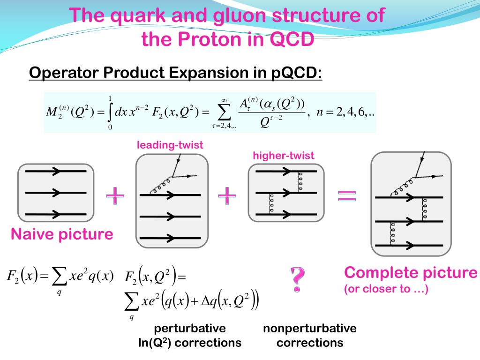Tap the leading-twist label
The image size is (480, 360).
click(170, 145)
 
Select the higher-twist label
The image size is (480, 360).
click(284, 156)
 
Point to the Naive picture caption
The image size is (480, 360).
click(62, 234)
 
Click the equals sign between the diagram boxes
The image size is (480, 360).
click(347, 195)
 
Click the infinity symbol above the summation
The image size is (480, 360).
click(224, 100)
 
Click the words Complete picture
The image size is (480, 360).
click(411, 273)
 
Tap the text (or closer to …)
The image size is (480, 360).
click(386, 289)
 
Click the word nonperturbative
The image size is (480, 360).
click(310, 328)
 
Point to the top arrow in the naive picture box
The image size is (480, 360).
click(55, 172)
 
